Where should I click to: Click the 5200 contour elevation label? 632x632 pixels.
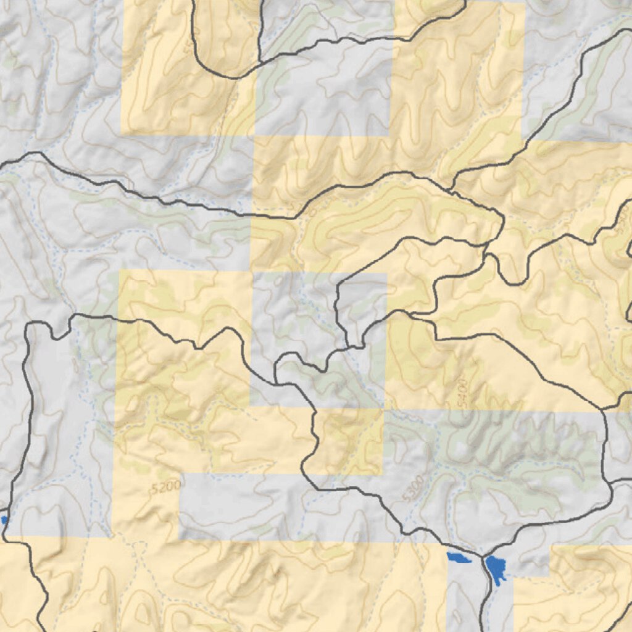(x=165, y=488)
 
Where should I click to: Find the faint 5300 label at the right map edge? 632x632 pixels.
(x=622, y=222)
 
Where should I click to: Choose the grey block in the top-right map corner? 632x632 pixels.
(x=577, y=68)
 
